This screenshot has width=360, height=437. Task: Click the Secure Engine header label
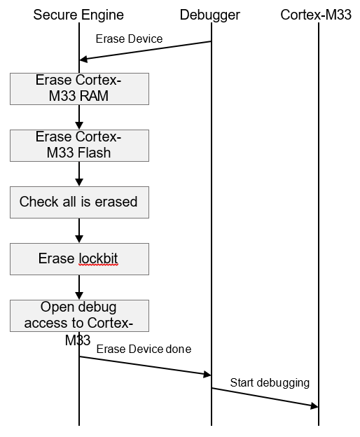coord(78,15)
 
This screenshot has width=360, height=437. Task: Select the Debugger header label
coord(210,15)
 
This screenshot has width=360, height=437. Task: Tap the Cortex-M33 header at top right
coord(316,15)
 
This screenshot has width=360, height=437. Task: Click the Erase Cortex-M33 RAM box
coord(79,88)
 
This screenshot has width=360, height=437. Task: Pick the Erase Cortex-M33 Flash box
coord(79,145)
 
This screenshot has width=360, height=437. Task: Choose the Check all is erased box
coord(79,202)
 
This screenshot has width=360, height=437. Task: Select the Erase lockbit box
coord(79,259)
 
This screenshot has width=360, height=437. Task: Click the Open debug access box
coord(79,315)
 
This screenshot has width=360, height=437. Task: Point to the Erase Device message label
coord(129,39)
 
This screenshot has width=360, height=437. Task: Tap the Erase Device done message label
coord(144,349)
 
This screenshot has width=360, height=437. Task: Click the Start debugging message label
coord(270,382)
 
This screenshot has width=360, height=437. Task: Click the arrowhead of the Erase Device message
coord(83,60)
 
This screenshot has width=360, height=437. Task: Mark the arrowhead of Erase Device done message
coord(207,375)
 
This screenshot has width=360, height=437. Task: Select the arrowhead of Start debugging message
coord(314,406)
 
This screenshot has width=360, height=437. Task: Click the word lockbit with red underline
coord(99,259)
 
